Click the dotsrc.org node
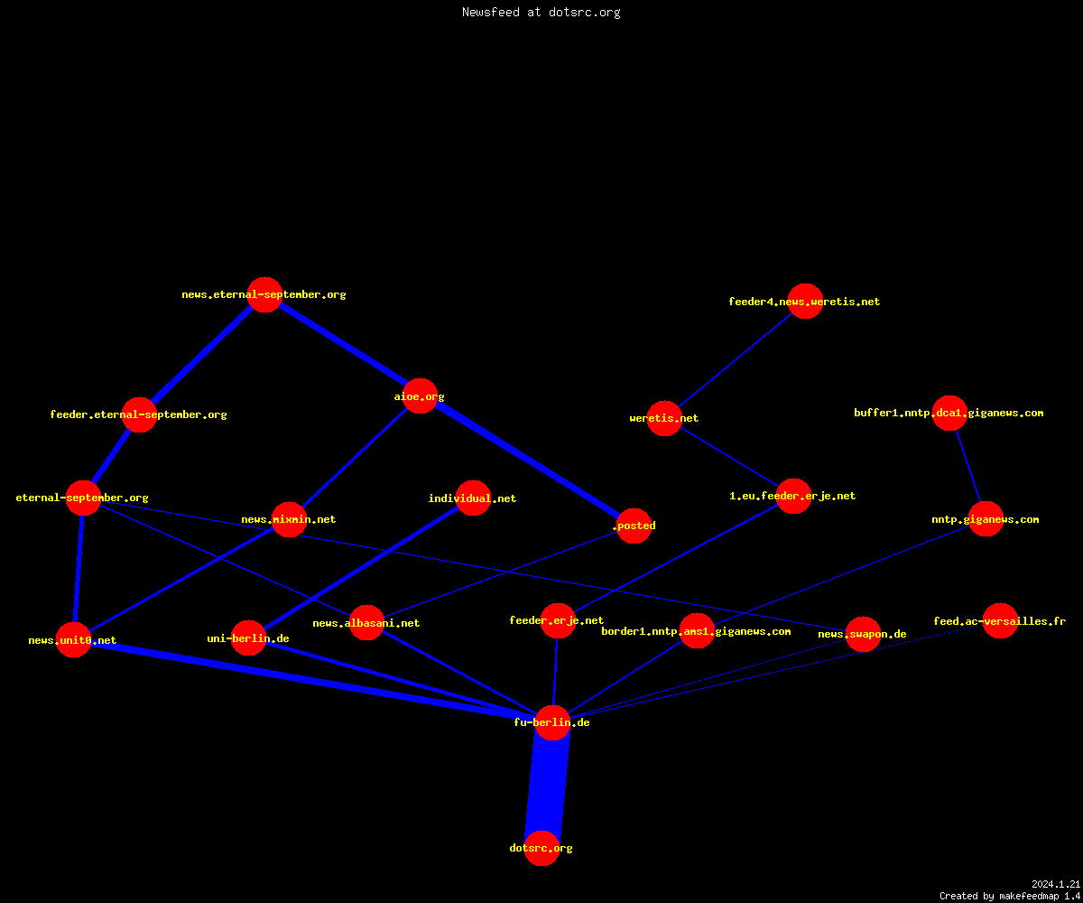(x=541, y=848)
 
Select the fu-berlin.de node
(x=552, y=722)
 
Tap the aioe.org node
(x=420, y=396)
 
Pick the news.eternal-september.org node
(x=264, y=294)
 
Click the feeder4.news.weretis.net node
(x=805, y=301)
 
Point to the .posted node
(x=634, y=526)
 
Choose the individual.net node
(x=473, y=498)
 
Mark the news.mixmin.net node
(x=289, y=519)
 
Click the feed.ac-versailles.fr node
(x=1000, y=620)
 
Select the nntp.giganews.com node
(x=986, y=518)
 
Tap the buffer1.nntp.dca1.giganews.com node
(x=949, y=413)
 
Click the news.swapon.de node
(x=863, y=634)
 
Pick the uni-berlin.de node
(x=248, y=638)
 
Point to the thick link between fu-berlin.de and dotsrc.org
(x=547, y=786)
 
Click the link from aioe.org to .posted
(x=526, y=461)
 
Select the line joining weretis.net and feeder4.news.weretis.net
(x=735, y=359)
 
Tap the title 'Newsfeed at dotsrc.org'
(x=541, y=12)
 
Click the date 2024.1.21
(x=1056, y=884)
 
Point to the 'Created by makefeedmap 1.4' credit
(x=1010, y=897)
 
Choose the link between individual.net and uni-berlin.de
(x=361, y=568)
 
